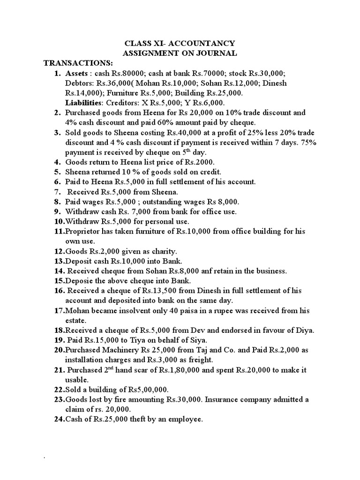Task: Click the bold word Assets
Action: click(x=77, y=74)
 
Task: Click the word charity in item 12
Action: click(x=150, y=251)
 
